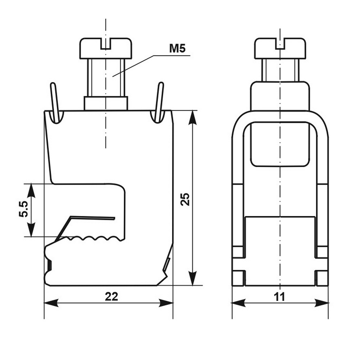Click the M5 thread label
[177, 49]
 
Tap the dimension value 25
[185, 199]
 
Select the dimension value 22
[112, 297]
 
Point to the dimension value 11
[279, 297]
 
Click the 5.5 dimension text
[23, 209]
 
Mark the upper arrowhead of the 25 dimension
[193, 118]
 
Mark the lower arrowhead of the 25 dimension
[193, 278]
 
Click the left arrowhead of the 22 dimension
[51, 303]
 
